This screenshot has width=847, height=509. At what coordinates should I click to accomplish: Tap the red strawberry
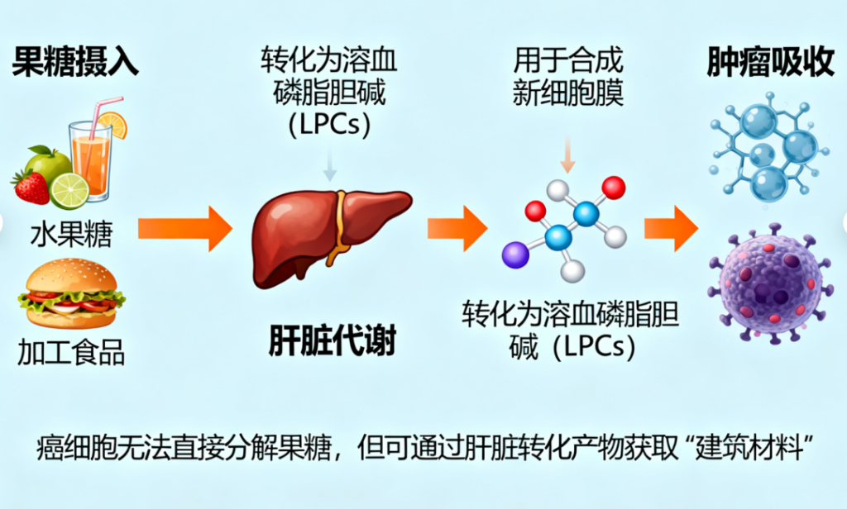tap(31, 187)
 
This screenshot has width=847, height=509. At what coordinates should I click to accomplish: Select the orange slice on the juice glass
tap(113, 124)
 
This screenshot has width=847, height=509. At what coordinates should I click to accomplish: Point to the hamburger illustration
tap(71, 295)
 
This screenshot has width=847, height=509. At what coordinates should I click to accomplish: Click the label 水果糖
tap(71, 235)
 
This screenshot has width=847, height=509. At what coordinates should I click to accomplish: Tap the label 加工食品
tap(71, 352)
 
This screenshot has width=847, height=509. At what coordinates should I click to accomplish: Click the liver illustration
tap(327, 231)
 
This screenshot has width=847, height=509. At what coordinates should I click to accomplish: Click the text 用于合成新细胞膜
tap(567, 77)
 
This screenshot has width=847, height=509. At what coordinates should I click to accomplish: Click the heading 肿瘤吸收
tap(770, 64)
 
